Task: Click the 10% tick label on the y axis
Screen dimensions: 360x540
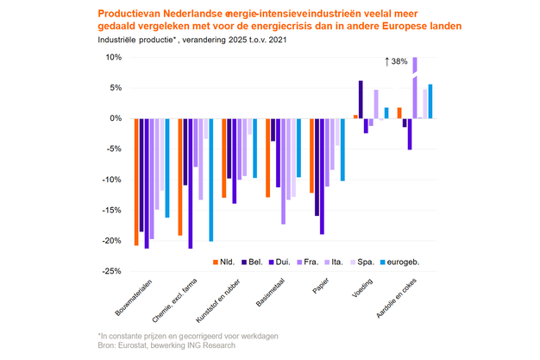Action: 114,58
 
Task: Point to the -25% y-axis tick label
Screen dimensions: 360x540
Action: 112,271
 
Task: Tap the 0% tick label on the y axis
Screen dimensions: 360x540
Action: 116,118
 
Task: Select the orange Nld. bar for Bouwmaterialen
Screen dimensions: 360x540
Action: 136,181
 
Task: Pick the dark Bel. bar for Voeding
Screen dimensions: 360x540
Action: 361,99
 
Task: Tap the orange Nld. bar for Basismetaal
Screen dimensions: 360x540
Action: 268,158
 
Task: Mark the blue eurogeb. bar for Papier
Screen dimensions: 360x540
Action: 342,149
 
